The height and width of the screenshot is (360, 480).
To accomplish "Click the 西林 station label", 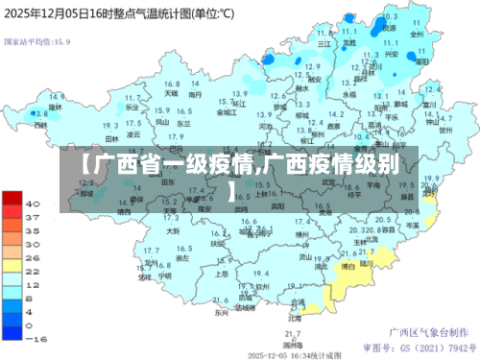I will pos(39,125).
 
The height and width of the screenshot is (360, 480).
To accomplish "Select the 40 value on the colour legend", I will pos(33,204).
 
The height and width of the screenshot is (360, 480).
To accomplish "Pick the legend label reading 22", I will pos(33,272).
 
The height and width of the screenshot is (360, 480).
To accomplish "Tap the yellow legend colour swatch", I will pos(12,265).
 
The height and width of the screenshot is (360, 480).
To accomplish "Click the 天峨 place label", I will pos(171,94).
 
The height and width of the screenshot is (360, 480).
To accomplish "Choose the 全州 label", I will pos(416,33).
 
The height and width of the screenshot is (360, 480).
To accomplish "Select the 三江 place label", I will pos(324,43).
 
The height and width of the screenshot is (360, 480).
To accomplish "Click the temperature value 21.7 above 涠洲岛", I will pos(291,332).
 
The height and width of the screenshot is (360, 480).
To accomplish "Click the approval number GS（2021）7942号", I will pos(418,345).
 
